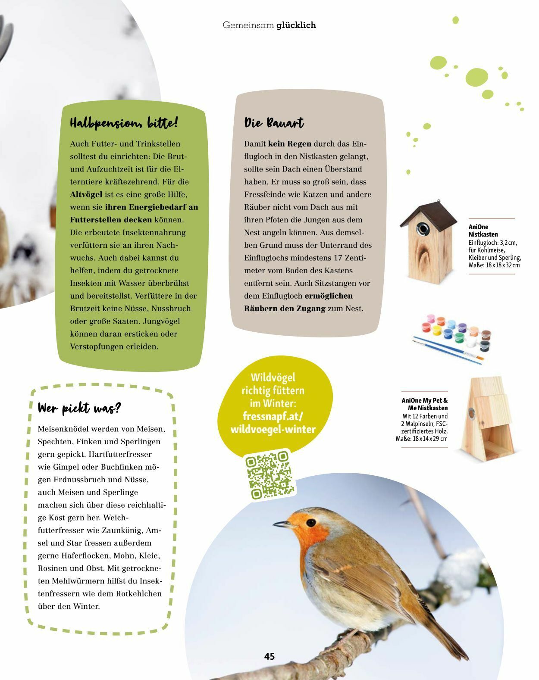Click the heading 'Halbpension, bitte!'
coord(124,123)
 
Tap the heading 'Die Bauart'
coord(274,123)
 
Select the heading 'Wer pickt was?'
coord(79,408)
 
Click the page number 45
coord(269,656)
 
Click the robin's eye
coord(310,522)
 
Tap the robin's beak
coord(282,524)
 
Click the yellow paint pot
coord(436,330)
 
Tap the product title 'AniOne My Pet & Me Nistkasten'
coord(425,404)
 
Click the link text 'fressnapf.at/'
coord(273,416)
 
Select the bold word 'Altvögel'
coord(86,194)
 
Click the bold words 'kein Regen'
coord(289,143)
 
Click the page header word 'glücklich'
coord(296,25)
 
